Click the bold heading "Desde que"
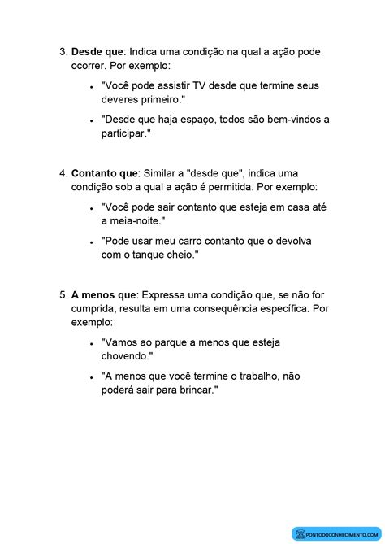tap(97, 52)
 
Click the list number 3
tap(63, 52)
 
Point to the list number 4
tap(63, 173)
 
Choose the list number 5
tap(63, 294)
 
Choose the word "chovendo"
tap(127, 355)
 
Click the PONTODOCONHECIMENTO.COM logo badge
tap(335, 533)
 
